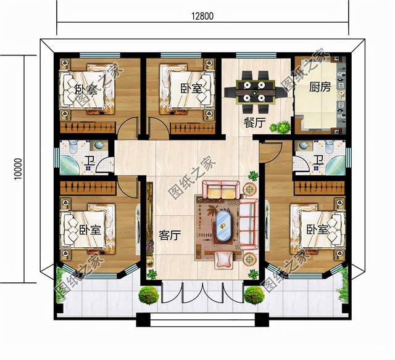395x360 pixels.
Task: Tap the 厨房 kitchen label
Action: pos(320,87)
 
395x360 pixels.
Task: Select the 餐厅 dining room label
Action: pos(254,123)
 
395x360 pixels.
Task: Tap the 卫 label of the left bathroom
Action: pos(90,162)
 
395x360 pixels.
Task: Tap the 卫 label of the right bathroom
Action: pos(317,162)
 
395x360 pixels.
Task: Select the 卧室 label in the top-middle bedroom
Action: pos(191,88)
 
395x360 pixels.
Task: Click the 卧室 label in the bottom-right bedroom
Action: pos(317,230)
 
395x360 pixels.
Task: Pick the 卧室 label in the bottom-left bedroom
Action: pos(90,230)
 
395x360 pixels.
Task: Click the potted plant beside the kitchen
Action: pos(281,127)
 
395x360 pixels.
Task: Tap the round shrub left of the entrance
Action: pos(148,295)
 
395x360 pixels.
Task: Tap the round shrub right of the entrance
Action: pos(254,295)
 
